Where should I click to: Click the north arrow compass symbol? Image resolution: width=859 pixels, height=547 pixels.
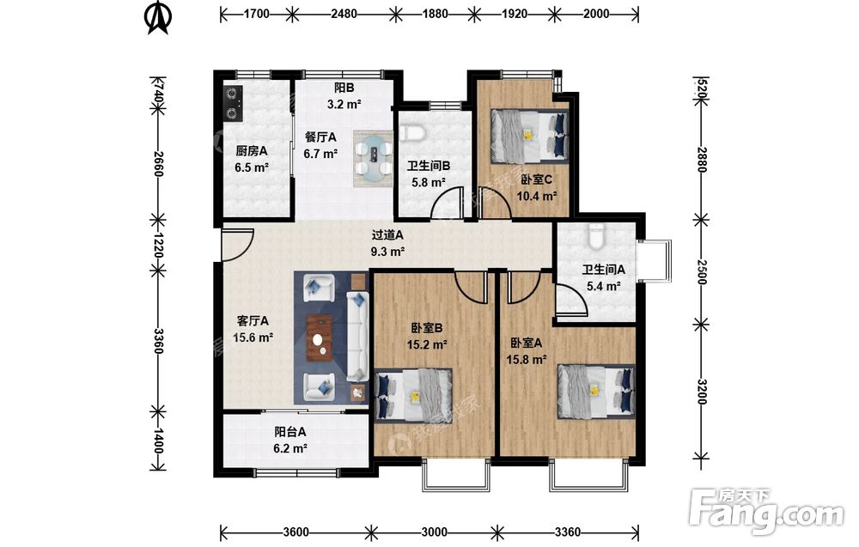pos(158,17)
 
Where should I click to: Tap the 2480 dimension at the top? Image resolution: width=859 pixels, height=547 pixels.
pos(344,14)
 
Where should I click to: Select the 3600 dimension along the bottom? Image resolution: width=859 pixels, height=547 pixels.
pos(295,532)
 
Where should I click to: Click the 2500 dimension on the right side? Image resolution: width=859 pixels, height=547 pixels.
pos(701,272)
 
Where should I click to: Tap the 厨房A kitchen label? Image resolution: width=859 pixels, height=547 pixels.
pos(252,150)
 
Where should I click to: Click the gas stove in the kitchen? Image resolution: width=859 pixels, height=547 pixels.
pos(234,103)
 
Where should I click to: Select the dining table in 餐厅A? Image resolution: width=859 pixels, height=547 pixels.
pos(373,158)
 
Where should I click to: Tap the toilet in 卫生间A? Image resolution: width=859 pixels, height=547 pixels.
pos(594,235)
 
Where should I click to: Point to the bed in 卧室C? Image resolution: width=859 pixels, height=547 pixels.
pos(529,136)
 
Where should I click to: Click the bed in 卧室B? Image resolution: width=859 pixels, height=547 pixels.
pos(413,394)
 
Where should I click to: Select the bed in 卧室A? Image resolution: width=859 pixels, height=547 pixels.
pos(596,392)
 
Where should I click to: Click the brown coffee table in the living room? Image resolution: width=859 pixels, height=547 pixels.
pos(320,338)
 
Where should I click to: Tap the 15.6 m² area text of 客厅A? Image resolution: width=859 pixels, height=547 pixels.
pos(253,337)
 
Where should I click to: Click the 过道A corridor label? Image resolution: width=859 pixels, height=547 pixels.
pos(387,235)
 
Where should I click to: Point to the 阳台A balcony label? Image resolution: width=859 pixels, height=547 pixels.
pos(290,432)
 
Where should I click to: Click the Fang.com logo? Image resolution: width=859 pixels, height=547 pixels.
pos(766,512)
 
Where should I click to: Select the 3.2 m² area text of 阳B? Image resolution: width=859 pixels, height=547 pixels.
pos(344,104)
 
